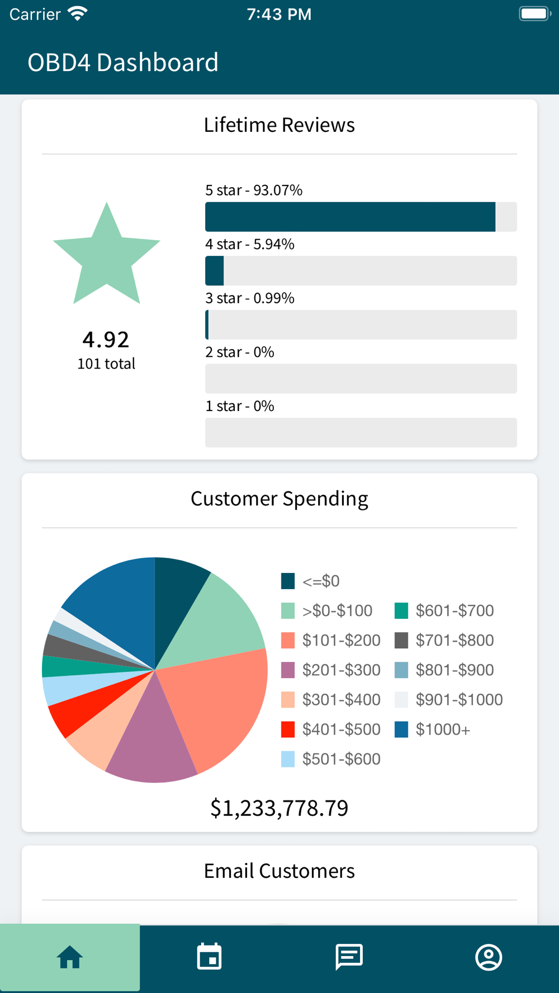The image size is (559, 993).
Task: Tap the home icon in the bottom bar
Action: (70, 957)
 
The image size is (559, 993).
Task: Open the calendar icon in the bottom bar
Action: (210, 957)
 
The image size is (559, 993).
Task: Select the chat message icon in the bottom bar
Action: (349, 957)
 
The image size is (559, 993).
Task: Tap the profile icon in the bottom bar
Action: (489, 957)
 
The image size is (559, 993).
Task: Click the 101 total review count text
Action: (106, 364)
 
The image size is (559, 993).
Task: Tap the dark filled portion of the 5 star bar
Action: (350, 217)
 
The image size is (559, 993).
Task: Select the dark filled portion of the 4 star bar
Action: (215, 271)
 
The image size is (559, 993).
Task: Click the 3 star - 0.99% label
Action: (250, 298)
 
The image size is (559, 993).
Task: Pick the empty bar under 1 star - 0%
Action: (361, 433)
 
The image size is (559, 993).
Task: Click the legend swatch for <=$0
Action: (288, 581)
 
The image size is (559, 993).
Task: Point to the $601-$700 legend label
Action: (454, 611)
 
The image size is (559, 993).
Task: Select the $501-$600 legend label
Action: (341, 760)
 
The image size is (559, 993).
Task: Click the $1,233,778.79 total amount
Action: (279, 808)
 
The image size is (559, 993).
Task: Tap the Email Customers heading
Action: (279, 871)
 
